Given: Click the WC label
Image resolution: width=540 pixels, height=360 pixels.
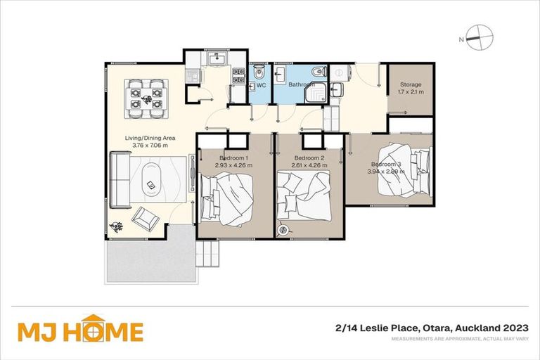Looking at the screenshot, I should point(261,85).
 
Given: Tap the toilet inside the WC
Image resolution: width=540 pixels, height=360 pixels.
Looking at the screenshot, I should point(259,71).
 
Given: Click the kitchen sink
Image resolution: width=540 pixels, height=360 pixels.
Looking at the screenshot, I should point(216,60).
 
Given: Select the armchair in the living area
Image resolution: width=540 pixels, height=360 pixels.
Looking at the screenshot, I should point(146,218).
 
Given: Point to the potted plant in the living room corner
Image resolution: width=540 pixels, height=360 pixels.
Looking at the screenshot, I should point(115,226).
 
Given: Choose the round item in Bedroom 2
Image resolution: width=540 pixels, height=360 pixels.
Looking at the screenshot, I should point(284,229).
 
